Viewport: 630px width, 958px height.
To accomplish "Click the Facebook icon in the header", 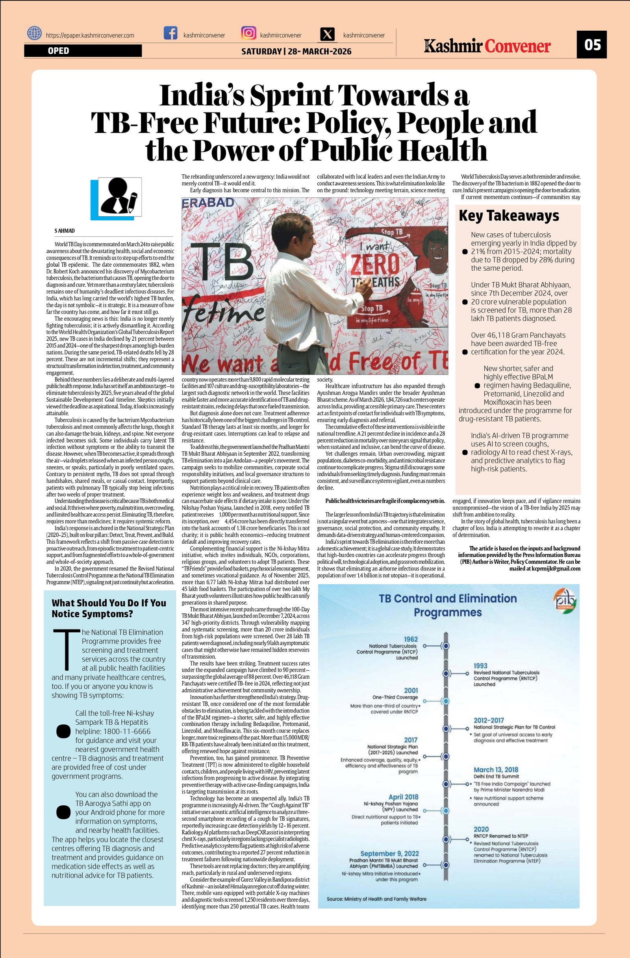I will (x=170, y=33).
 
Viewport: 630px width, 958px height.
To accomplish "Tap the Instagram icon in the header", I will (x=248, y=33).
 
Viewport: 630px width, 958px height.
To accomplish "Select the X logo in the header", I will (x=328, y=34).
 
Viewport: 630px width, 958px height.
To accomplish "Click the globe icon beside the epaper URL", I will (x=34, y=33).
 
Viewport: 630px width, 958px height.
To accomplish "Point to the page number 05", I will (x=591, y=44).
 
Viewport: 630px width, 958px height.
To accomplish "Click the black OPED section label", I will (x=83, y=51).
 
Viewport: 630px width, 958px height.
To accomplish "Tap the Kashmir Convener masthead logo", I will (x=487, y=46).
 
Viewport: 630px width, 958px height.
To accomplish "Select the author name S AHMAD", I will (x=65, y=231).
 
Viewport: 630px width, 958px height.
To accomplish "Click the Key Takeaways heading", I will (x=509, y=216).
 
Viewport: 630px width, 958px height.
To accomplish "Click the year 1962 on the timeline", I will (x=411, y=639).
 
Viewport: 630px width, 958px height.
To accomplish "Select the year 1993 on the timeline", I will (x=480, y=666).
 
